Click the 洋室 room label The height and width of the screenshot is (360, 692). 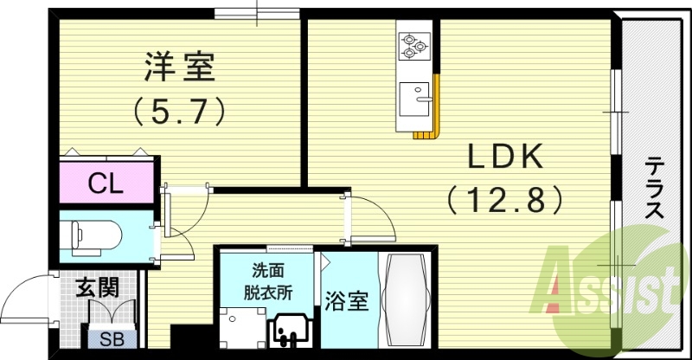[179, 67]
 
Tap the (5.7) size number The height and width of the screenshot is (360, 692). [179, 110]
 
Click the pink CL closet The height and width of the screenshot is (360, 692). [106, 183]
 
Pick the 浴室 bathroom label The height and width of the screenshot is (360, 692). [347, 301]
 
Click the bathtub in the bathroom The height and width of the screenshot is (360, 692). [407, 299]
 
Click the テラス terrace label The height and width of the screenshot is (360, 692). [656, 186]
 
